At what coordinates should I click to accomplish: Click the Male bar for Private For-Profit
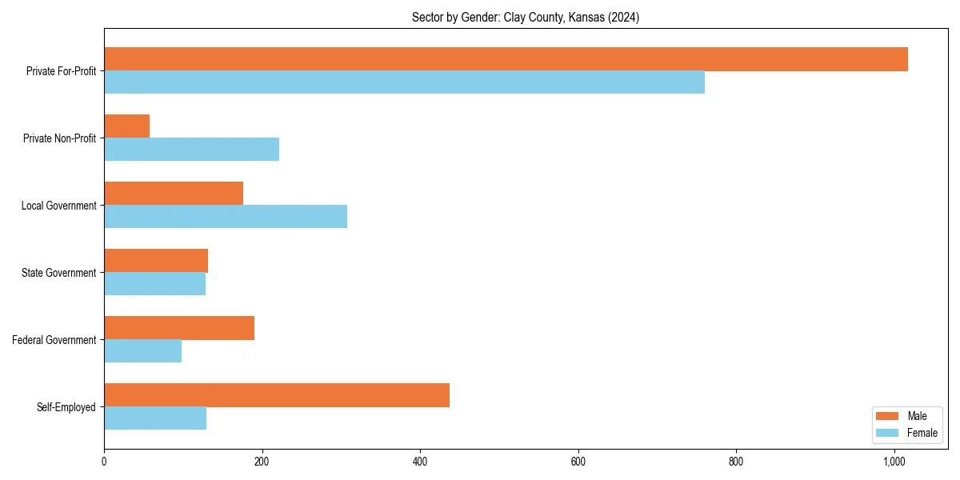[506, 59]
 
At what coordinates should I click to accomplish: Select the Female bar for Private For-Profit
[404, 82]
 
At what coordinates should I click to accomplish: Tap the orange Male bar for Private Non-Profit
[126, 126]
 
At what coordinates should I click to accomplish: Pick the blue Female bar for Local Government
[226, 217]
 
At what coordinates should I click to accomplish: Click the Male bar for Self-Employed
[277, 395]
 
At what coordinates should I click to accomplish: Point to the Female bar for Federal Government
[142, 351]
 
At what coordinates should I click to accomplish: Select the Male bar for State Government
[156, 261]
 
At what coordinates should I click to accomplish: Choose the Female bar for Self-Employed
[155, 418]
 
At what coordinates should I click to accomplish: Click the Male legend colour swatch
[888, 416]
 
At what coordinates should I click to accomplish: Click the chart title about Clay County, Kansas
[526, 17]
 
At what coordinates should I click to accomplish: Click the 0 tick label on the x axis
[104, 461]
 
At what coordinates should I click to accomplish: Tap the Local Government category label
[58, 206]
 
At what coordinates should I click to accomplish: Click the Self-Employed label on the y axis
[66, 407]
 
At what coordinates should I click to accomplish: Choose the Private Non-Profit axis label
[59, 138]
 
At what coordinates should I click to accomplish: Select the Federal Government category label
[54, 340]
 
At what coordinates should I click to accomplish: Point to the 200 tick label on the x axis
[262, 461]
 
